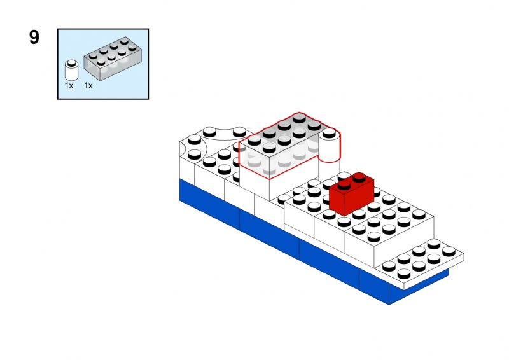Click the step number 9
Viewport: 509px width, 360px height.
[x=34, y=38]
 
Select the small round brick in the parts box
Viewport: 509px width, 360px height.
[x=71, y=70]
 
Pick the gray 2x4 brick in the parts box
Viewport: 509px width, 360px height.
[x=113, y=58]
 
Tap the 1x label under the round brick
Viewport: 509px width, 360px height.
[x=69, y=86]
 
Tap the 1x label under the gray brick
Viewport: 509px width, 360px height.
[x=88, y=86]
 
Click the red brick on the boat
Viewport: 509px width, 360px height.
[x=352, y=194]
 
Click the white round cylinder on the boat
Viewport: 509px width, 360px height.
[x=329, y=153]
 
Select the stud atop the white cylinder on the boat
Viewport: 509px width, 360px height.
[x=329, y=132]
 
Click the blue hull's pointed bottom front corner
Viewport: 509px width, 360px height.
[x=389, y=304]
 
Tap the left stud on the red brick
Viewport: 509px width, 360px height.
[x=344, y=184]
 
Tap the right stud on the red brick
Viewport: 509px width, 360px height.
[x=359, y=177]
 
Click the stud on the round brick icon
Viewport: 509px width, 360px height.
[x=72, y=63]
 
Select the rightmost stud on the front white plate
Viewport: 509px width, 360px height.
[x=449, y=251]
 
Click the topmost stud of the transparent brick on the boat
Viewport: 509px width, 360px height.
[x=299, y=119]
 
